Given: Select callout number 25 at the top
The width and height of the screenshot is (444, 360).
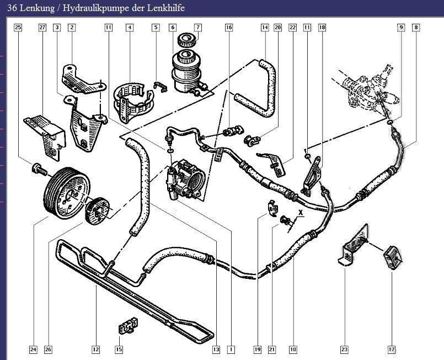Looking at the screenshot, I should tap(18, 27).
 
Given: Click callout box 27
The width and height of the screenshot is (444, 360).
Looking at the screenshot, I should tap(42, 27).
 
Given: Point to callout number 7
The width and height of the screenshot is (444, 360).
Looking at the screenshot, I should tap(197, 27).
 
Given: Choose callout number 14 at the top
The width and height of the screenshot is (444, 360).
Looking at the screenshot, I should tap(265, 27).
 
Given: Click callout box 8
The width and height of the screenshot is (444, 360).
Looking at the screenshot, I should tap(415, 27).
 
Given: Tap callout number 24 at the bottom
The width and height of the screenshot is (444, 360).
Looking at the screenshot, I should tap(33, 349).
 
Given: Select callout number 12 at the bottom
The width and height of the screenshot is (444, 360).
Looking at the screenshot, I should tap(95, 349).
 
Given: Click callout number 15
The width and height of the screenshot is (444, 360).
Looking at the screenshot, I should tap(119, 349).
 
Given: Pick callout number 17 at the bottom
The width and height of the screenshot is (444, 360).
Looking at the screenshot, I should tap(392, 349).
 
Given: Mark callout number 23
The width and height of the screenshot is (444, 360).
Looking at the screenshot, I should tap(344, 349).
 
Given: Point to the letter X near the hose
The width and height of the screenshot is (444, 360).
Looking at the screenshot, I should tap(301, 212).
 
